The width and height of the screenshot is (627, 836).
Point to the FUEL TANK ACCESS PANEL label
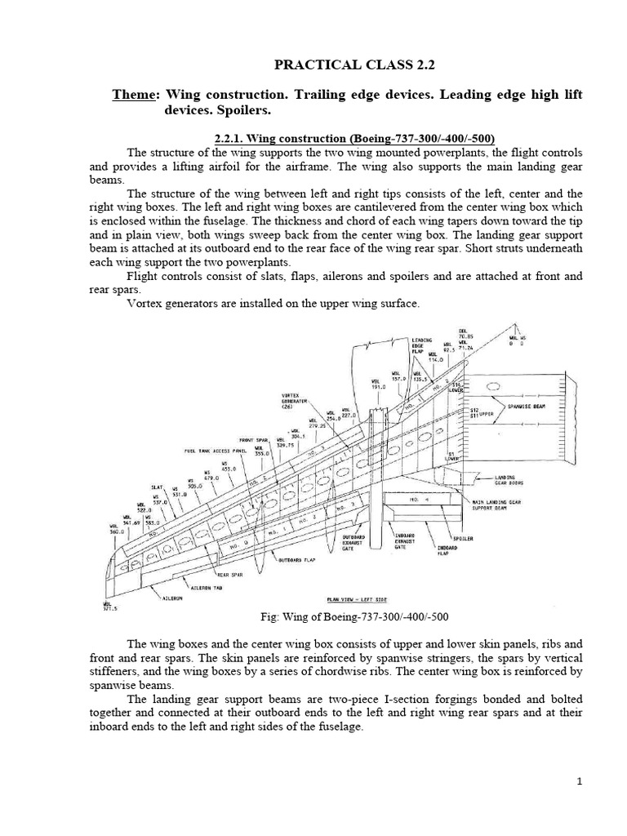216,450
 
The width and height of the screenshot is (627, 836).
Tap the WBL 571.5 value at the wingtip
107,606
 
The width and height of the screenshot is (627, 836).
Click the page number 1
579,782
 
